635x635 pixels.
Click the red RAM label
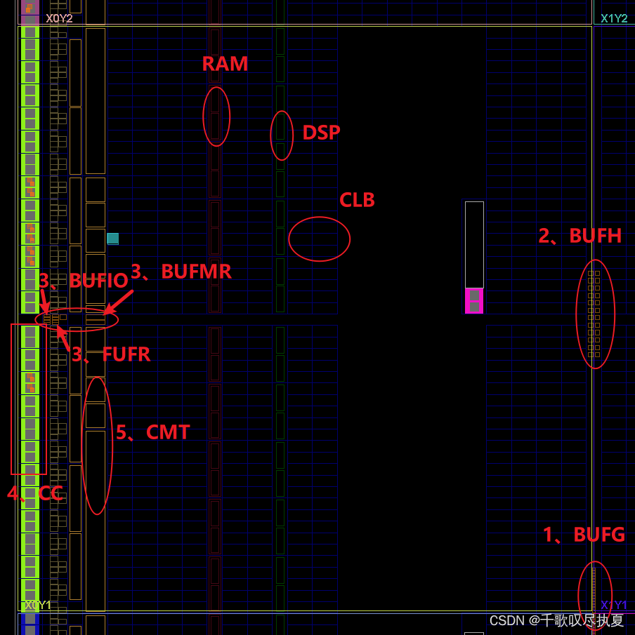(225, 64)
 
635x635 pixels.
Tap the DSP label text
(321, 133)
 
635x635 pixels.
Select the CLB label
(357, 200)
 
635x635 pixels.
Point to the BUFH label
(580, 236)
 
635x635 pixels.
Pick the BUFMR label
(181, 272)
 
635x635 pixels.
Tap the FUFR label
(111, 354)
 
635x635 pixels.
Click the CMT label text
(152, 432)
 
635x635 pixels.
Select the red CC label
(35, 493)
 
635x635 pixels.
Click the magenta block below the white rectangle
(474, 301)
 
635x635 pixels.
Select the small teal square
(112, 239)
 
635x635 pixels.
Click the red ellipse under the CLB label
(319, 239)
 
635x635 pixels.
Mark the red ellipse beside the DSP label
(282, 135)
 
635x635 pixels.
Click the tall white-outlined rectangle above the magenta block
(474, 244)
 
